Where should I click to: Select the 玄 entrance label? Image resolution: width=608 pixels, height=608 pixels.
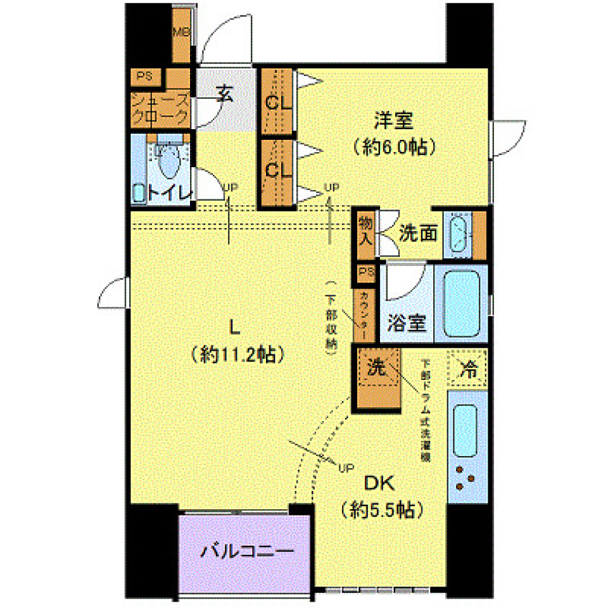[225, 96]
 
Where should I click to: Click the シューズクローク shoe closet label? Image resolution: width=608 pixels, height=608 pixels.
[160, 109]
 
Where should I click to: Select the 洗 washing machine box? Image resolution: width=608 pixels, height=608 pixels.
[377, 369]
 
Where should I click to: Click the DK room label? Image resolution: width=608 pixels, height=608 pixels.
[379, 483]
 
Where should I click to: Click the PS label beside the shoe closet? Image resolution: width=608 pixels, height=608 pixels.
[145, 76]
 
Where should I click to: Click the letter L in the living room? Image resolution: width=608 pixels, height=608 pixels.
[234, 327]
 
